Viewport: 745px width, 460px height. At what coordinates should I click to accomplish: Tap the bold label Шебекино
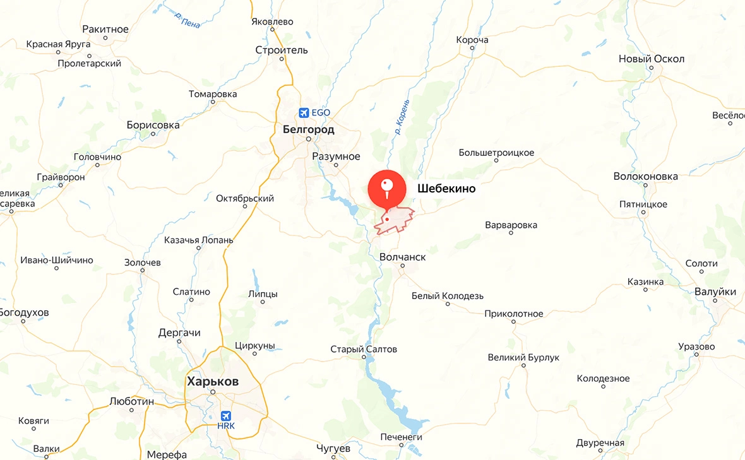pos(446,189)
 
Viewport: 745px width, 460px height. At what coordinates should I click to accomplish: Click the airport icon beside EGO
pos(304,112)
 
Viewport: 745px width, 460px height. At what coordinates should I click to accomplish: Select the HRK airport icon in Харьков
pos(226,416)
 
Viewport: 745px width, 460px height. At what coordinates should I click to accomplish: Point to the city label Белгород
pos(309,129)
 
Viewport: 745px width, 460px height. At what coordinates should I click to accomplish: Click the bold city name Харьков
pos(213,382)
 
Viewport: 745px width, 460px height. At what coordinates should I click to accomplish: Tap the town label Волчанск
pos(403,257)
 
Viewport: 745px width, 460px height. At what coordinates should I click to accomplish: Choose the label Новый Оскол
pos(652,59)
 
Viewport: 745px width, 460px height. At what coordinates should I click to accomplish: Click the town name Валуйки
pos(715,292)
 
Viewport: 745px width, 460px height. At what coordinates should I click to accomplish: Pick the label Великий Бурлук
pos(524,358)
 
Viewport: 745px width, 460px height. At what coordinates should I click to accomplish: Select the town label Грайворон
pos(61,177)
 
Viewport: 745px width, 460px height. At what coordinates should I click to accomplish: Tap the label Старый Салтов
pos(364,349)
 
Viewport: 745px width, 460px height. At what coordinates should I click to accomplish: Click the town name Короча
pos(472,40)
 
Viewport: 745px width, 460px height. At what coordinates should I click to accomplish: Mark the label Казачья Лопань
pos(198,240)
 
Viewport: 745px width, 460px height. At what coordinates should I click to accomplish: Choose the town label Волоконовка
pos(646,177)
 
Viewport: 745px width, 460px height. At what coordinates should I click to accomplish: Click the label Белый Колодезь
pos(448,296)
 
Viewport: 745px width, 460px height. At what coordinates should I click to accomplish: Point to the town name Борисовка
pos(153,125)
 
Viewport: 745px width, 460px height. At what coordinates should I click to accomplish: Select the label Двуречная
pos(600,442)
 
